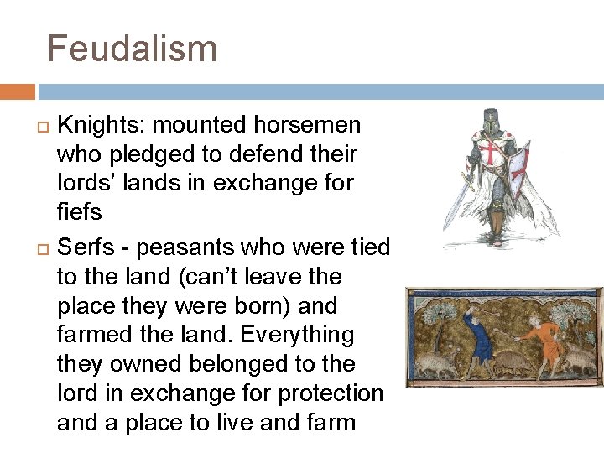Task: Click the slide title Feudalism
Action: (x=132, y=48)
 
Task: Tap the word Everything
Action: (x=297, y=335)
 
